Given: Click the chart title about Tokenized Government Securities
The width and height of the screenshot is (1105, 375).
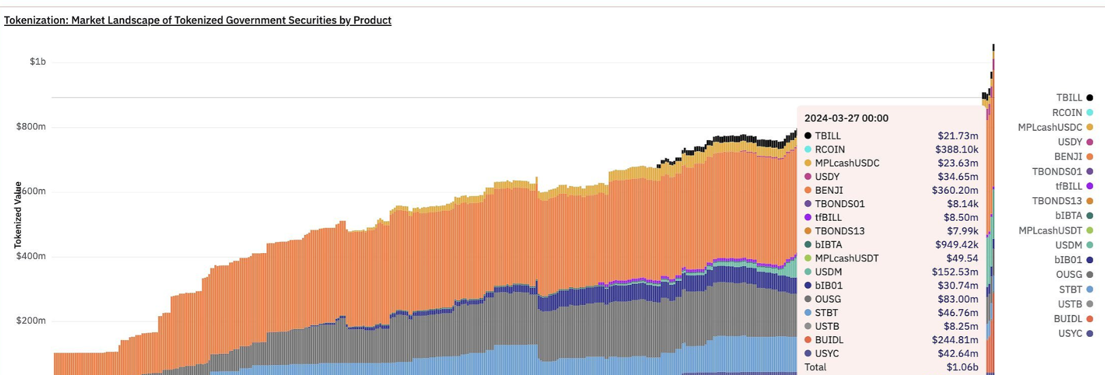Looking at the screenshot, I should click(x=197, y=21).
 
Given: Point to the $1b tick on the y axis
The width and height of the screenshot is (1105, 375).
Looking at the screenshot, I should click(x=38, y=62).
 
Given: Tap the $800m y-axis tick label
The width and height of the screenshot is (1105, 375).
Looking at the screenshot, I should click(x=31, y=127).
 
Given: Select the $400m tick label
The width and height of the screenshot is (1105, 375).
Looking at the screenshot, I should click(x=31, y=256).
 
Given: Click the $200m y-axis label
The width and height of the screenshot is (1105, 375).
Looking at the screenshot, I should click(x=31, y=321).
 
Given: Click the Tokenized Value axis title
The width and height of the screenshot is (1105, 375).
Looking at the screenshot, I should click(x=18, y=215).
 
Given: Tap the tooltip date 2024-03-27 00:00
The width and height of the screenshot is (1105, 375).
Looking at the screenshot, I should click(x=846, y=118).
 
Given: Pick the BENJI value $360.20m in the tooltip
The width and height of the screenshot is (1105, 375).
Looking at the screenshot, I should click(x=955, y=190).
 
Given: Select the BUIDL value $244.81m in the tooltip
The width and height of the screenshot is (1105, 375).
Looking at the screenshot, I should click(x=955, y=340).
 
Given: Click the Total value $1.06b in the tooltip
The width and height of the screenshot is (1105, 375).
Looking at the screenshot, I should click(x=962, y=367).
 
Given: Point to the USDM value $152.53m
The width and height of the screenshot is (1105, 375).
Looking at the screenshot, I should click(x=955, y=272).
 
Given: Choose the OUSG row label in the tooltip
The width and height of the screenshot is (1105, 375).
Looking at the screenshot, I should click(x=828, y=299).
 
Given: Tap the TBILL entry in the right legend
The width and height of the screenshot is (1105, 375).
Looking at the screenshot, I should click(x=1069, y=98).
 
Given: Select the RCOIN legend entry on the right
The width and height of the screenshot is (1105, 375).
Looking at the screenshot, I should click(x=1067, y=112).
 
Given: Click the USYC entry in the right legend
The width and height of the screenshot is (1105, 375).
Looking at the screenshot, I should click(x=1070, y=333).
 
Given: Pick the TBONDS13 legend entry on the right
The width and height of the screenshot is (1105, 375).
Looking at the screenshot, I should click(x=1057, y=201).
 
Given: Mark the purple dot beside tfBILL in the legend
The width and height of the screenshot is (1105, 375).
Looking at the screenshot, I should click(x=1090, y=186).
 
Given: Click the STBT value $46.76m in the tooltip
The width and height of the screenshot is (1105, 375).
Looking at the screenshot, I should click(x=958, y=313).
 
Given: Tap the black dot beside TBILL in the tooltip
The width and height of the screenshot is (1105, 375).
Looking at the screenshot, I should click(x=808, y=135).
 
